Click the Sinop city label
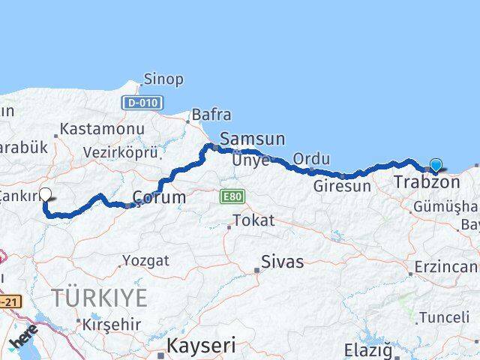point(164,79)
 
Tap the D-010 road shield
point(142,102)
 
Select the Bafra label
point(211,115)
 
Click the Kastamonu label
point(101,129)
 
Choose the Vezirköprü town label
point(121,152)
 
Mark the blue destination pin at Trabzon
point(436,166)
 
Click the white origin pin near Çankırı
point(45,194)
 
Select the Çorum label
point(159,198)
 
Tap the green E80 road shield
point(232,196)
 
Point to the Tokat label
point(253,221)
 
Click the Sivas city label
point(282,262)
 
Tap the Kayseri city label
point(200,346)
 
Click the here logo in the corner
point(24,340)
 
